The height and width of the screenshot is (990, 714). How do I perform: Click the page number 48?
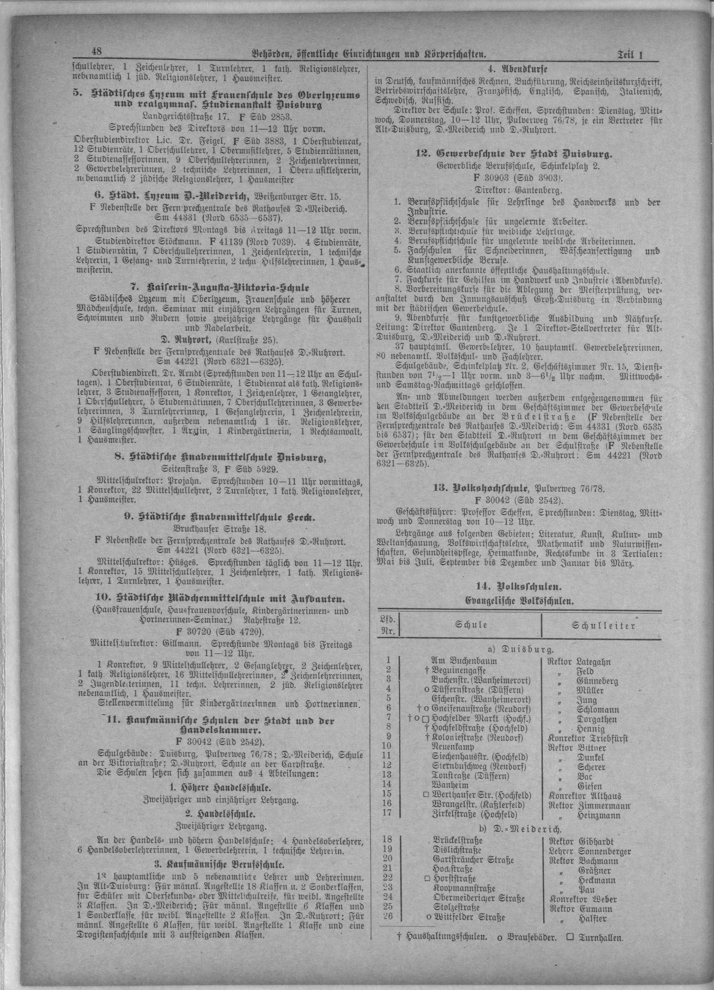[x=96, y=52]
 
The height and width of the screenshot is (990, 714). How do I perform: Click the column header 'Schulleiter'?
[x=604, y=626]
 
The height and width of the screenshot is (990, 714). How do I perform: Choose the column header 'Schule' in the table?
[x=471, y=625]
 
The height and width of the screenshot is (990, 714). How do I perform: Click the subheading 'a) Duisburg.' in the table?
[x=517, y=648]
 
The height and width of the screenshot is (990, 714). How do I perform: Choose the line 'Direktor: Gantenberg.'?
[x=517, y=190]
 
